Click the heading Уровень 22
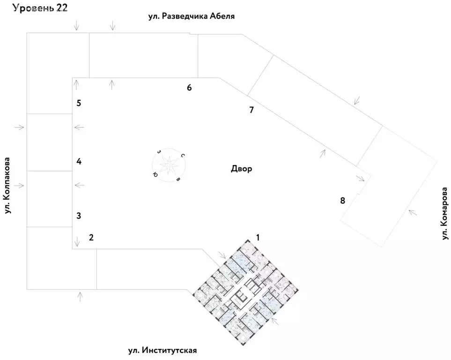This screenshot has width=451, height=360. pyautogui.click(x=41, y=8)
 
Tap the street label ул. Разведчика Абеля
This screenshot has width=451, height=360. pyautogui.click(x=191, y=16)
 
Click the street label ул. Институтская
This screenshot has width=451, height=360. pyautogui.click(x=163, y=351)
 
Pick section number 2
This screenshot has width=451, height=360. pyautogui.click(x=91, y=237)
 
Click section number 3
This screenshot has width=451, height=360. pyautogui.click(x=79, y=216)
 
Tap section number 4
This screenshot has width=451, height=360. pyautogui.click(x=79, y=162)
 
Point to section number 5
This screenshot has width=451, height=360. pyautogui.click(x=79, y=103)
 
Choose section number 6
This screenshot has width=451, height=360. pyautogui.click(x=189, y=88)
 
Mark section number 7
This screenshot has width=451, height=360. pyautogui.click(x=251, y=110)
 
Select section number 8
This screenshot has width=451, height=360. pyautogui.click(x=342, y=201)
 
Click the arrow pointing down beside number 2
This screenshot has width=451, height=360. pyautogui.click(x=77, y=242)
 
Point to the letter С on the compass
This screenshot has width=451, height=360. pyautogui.click(x=183, y=156)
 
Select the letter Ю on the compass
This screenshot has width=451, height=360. pyautogui.click(x=155, y=174)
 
